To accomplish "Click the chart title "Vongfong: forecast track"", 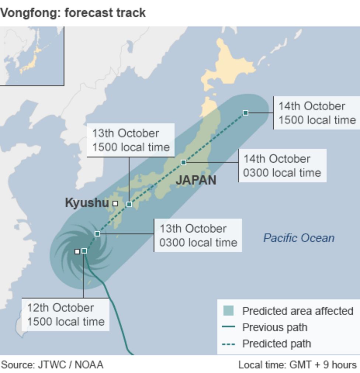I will coord(73,13).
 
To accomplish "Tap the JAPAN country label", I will coord(196,180).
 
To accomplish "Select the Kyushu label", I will coord(87,203).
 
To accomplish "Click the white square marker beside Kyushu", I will coord(115,203).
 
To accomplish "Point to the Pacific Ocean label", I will coord(299,238).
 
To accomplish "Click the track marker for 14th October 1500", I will coord(245,113).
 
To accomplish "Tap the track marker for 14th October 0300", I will coord(183,162).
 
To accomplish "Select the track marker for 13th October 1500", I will coord(129,204).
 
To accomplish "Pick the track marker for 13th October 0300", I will coord(97,234).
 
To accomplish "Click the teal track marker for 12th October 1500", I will coord(84,251).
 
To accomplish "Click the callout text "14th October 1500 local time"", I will coord(317,113).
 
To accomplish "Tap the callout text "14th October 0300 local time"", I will coord(282,166).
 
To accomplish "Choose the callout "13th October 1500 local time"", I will coord(131,140).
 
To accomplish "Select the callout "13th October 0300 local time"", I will coord(198,235).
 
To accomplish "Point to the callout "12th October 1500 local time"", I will coord(66,314).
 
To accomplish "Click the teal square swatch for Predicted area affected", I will coord(228,311).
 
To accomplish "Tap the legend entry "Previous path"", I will coord(274,327).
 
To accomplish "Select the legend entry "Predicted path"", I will coord(276,343).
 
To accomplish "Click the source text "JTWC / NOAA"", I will coord(70,365).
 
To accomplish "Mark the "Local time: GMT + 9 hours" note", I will coord(297,365).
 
